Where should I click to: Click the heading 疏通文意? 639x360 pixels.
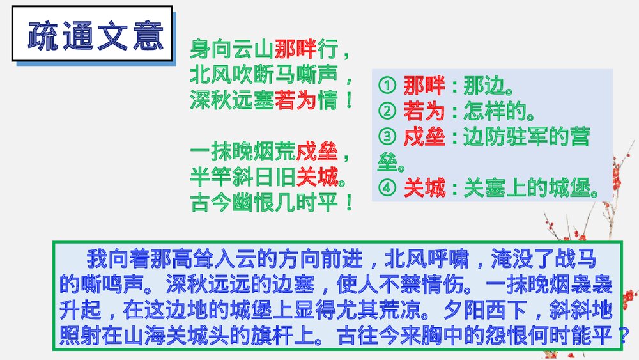93,36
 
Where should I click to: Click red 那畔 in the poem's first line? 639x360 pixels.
295,49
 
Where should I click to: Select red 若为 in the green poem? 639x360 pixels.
295,100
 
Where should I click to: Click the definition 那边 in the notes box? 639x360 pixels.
483,86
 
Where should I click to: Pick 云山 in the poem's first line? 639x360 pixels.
254,49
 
